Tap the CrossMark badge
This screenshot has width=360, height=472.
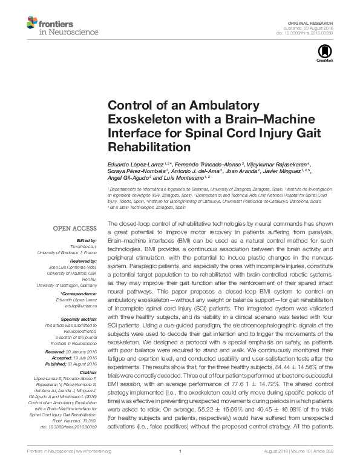point(321,54)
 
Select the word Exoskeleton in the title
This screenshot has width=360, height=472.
point(142,119)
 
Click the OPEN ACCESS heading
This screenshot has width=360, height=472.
point(76,229)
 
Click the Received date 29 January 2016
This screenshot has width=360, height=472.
point(80,351)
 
